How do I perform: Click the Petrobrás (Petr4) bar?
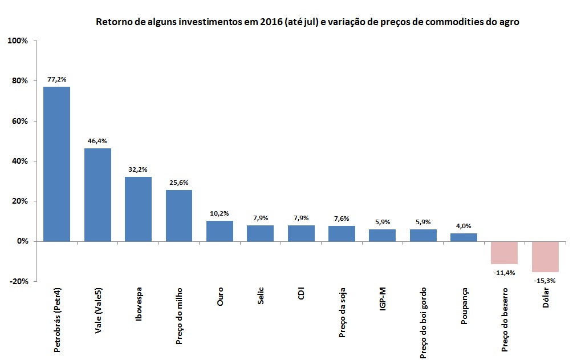coord(57,164)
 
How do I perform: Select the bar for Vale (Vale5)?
coord(97,195)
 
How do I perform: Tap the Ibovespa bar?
coord(138,209)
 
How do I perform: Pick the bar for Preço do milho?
coord(179,216)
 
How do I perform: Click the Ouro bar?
coord(220,231)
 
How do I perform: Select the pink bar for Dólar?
coord(545,256)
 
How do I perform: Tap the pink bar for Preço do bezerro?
coord(504,252)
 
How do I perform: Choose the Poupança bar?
coord(464,237)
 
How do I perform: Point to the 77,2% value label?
coord(57,79)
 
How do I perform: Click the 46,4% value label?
coord(97,141)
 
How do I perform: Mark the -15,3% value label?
coord(545,280)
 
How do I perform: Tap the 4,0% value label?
coord(464,226)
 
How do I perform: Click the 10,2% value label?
coord(220,213)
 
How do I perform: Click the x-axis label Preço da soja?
coord(342,315)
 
